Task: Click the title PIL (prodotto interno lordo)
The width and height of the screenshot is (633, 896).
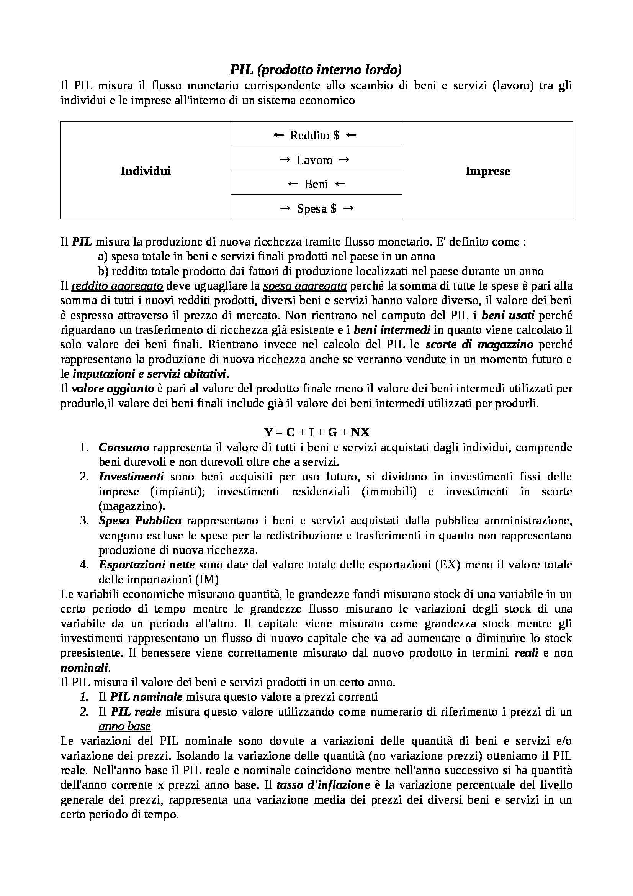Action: click(x=316, y=70)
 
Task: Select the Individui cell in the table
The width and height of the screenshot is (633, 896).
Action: click(x=146, y=171)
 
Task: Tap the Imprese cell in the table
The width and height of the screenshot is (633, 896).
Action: click(x=487, y=171)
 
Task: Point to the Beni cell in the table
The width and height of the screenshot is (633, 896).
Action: click(x=316, y=184)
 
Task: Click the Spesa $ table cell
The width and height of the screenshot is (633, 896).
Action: click(x=317, y=209)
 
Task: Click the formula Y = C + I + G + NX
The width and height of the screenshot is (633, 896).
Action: click(x=317, y=432)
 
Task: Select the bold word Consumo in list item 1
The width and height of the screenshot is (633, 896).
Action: click(x=124, y=447)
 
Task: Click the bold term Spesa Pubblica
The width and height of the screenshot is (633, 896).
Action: click(x=140, y=521)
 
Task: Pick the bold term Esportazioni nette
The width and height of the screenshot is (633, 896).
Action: click(x=146, y=565)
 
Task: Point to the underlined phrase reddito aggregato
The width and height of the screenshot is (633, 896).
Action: click(x=117, y=286)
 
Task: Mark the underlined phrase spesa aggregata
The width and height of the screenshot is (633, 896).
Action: click(x=305, y=286)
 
